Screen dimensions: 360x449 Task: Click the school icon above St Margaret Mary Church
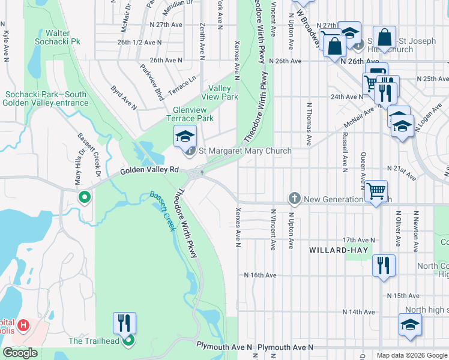click(185, 136)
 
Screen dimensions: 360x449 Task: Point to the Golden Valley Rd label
click(150, 170)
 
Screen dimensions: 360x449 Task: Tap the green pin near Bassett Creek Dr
click(85, 196)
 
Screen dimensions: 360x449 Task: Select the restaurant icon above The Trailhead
click(124, 323)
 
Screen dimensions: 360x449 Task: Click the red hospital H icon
click(23, 325)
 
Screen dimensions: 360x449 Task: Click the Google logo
click(20, 353)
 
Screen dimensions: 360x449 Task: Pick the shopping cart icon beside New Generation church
click(376, 191)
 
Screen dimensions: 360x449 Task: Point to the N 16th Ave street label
click(260, 275)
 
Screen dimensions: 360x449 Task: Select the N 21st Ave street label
click(402, 173)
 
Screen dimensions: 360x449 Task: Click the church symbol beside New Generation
click(294, 198)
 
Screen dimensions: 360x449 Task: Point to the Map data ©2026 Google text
click(412, 355)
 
